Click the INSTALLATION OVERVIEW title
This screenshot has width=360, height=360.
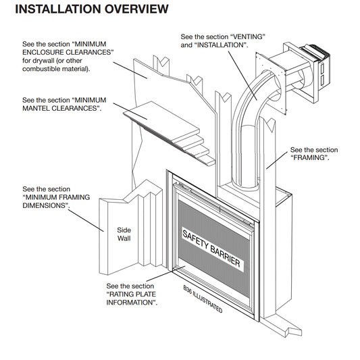coord(92,9)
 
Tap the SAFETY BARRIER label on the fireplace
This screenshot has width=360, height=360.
coord(211,249)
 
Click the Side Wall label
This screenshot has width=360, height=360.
coord(124,234)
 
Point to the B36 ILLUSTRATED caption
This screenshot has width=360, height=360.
coord(203,299)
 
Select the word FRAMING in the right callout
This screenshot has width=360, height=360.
coord(309,158)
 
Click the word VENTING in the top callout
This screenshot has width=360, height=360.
coord(248,36)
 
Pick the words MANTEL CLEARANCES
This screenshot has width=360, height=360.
coord(61,108)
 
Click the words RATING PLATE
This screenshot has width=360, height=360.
coord(131,294)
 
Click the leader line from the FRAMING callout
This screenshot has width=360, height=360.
coord(277,160)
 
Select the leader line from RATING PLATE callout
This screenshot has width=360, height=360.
coord(165,274)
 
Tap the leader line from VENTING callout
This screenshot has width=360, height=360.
coord(242,76)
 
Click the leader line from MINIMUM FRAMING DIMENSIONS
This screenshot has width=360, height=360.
coord(86,221)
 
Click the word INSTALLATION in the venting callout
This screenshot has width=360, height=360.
coord(221,45)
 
